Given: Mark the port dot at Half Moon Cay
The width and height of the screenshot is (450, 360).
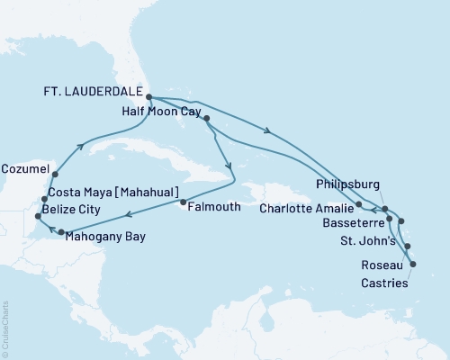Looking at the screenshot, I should click(208, 119).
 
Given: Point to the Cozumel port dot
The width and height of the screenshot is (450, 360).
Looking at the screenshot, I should click(56, 174).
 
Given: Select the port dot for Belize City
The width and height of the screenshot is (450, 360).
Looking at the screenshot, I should click(37, 217).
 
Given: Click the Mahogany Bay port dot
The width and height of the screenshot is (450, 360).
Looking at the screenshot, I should click(61, 233).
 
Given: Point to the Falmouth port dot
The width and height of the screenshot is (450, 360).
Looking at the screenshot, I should click(184, 203).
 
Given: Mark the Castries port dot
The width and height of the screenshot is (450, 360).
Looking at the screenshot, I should click(413, 264).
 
